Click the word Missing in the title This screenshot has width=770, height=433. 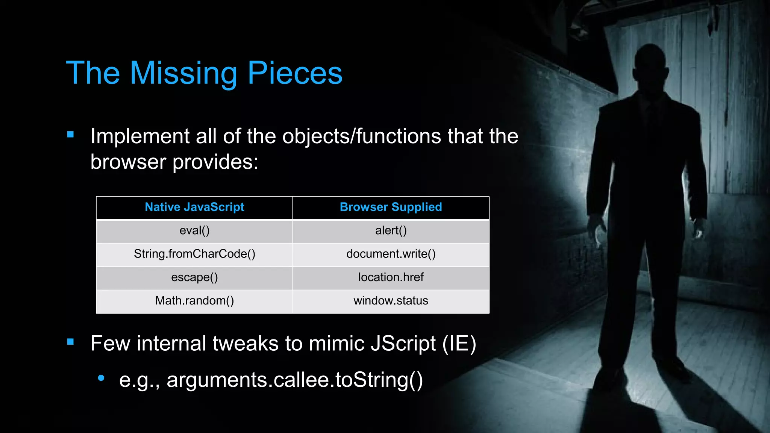(x=183, y=73)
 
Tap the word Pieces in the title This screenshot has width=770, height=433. (x=295, y=73)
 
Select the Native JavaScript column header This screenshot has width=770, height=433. (x=194, y=207)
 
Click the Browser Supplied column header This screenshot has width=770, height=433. (x=391, y=207)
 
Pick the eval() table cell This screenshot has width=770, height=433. (x=194, y=230)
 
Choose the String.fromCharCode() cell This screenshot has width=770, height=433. (x=194, y=254)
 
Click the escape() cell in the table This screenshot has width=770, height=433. (x=194, y=277)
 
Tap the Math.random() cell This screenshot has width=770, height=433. (x=194, y=301)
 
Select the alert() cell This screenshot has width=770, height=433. (x=391, y=230)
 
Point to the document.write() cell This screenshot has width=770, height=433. (x=391, y=254)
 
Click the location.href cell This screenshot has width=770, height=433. (x=391, y=277)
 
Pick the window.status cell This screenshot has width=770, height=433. (x=391, y=301)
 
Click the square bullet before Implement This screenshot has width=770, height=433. (x=70, y=134)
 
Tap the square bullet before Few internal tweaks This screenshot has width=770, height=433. (x=70, y=342)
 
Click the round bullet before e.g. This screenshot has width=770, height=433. (x=101, y=378)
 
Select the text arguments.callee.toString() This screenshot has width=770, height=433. (x=294, y=380)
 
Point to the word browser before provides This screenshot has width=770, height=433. (x=128, y=162)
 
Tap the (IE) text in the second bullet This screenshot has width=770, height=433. (x=459, y=344)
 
